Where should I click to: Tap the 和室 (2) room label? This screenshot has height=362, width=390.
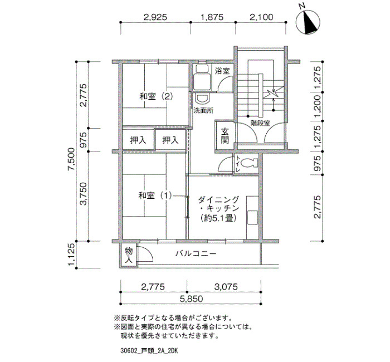(156, 96)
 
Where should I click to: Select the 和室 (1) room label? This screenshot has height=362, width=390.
(155, 195)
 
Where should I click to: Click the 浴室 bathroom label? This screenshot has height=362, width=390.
(222, 71)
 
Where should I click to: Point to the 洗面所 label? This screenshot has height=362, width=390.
(203, 111)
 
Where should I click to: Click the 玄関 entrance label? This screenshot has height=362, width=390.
(225, 136)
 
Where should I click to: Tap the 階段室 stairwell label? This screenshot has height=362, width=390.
(260, 123)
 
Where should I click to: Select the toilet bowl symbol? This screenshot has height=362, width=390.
(250, 163)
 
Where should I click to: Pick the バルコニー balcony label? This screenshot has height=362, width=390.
(196, 253)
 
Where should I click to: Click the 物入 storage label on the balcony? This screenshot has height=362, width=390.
(129, 255)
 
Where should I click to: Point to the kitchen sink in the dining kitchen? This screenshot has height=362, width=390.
(252, 218)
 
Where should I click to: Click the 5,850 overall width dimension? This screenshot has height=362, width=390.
(191, 299)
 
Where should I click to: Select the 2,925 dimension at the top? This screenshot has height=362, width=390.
(155, 17)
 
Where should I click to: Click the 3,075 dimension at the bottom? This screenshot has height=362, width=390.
(226, 287)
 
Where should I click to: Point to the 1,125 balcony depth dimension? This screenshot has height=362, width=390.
(72, 254)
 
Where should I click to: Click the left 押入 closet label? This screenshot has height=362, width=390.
(138, 140)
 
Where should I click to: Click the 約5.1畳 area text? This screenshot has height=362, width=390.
(218, 218)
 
